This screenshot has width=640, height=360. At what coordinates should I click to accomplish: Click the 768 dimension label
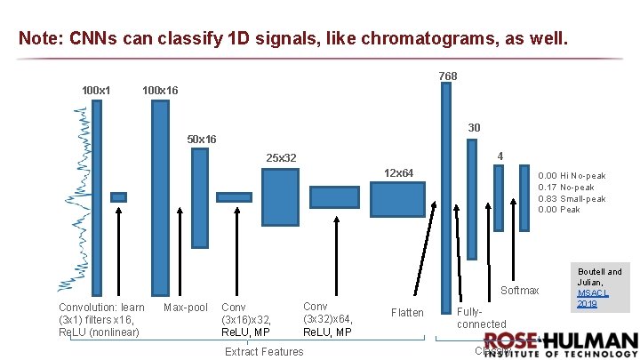click(x=448, y=76)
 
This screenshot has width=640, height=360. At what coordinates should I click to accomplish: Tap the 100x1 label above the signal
click(x=96, y=90)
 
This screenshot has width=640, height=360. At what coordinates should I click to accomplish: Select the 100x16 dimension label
click(x=160, y=90)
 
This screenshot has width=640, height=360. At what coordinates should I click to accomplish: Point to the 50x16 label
click(x=201, y=140)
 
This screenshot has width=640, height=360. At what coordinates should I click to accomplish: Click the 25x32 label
click(x=281, y=158)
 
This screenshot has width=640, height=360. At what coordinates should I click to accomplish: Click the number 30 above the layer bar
click(x=474, y=128)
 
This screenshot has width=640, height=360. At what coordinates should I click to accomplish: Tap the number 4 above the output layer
click(x=500, y=156)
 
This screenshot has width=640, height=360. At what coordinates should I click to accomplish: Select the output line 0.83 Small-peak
click(x=572, y=199)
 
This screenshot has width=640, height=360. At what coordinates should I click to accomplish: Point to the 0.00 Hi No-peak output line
click(x=572, y=176)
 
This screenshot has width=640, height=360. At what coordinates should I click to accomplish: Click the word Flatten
click(x=407, y=312)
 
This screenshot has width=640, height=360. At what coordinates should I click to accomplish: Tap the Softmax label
click(x=520, y=291)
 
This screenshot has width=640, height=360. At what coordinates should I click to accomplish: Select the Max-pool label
click(x=186, y=308)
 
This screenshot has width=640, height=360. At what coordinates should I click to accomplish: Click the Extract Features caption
click(x=264, y=351)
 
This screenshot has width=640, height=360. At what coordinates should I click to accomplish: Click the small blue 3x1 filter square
click(x=118, y=197)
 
